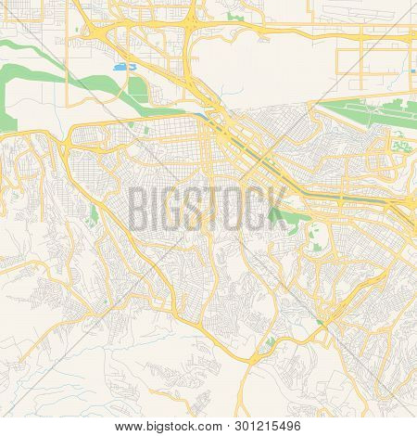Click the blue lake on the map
(x=120, y=68)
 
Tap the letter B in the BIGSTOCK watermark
(x=140, y=207)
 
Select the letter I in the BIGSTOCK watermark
(x=158, y=207)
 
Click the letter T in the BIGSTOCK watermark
(x=216, y=207)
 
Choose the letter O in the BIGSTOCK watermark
(x=235, y=207)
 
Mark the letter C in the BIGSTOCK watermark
(x=257, y=207)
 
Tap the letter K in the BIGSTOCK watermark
(x=277, y=207)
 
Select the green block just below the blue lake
(x=136, y=90)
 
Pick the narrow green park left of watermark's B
(x=95, y=216)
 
